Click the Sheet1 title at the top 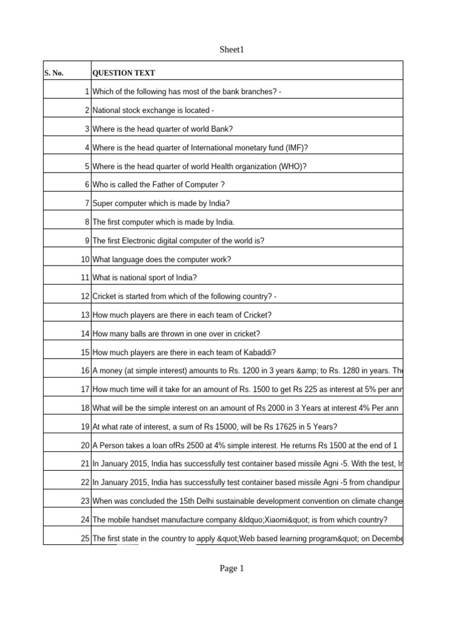point(232,50)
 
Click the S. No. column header point(54,74)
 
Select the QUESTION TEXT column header point(123,74)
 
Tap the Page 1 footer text point(232,569)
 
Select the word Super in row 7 point(103,203)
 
